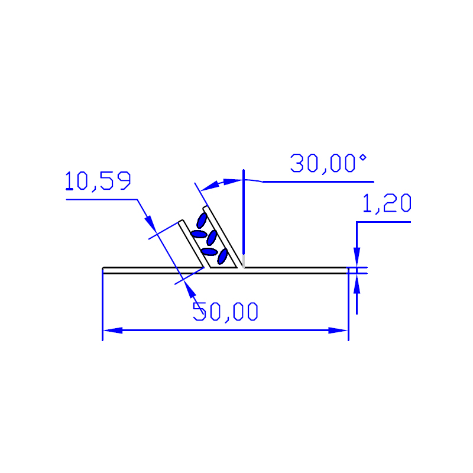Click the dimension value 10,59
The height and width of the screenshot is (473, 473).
(x=98, y=181)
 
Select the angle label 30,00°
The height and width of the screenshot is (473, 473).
(x=328, y=164)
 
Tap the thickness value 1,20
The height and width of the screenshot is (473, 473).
(x=387, y=203)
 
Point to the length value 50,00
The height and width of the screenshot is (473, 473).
(x=225, y=312)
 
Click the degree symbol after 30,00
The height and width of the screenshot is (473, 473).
(x=363, y=157)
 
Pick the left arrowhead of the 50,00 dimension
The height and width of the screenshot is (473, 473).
(x=113, y=331)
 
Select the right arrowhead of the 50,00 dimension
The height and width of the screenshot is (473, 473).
(x=338, y=331)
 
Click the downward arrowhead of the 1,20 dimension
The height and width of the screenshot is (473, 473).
(x=357, y=257)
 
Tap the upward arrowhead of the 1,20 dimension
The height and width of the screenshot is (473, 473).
(x=357, y=284)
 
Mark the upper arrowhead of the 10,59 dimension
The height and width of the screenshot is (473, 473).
(x=151, y=224)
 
